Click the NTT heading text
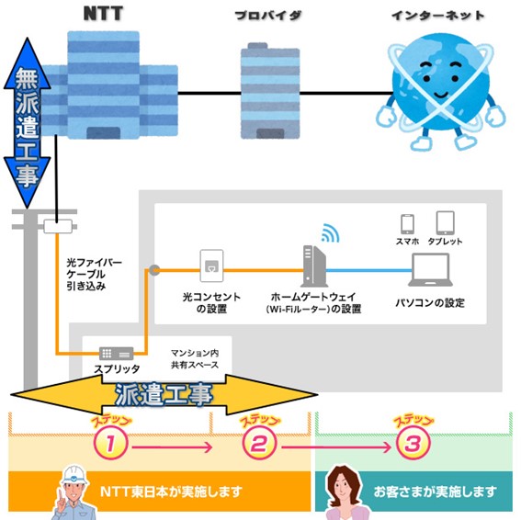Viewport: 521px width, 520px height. (103, 13)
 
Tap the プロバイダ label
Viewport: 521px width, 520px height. (268, 16)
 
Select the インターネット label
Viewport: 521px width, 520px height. (438, 16)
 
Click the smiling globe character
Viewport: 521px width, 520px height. (440, 90)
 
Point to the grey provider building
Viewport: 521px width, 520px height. (270, 91)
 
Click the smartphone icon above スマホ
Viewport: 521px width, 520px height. (407, 224)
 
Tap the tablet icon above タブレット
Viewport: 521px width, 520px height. (446, 222)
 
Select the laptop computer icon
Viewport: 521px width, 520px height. (430, 269)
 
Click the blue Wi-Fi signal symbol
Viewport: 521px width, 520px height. (330, 233)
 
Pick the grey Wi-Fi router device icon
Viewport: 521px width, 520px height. (314, 266)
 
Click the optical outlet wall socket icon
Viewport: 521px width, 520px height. (211, 266)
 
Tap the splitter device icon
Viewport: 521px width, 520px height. (117, 354)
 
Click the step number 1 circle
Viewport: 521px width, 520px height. (110, 443)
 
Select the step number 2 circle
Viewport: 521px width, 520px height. (259, 443)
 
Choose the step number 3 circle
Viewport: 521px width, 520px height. (413, 443)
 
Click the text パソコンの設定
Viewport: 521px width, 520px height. (430, 303)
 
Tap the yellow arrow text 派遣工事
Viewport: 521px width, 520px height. (164, 395)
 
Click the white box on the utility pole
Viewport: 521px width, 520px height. (58, 226)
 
